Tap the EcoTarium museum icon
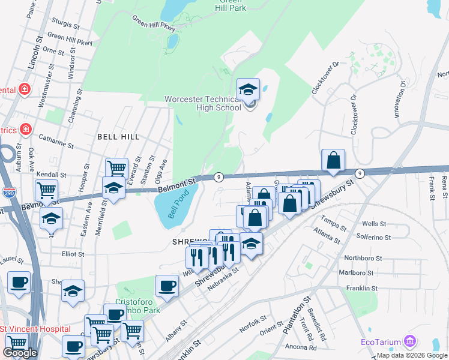[411, 342]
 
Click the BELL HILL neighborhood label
[118, 137]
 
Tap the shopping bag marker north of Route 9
[333, 161]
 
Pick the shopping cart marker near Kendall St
[46, 191]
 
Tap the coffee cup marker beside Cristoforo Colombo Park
[167, 286]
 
